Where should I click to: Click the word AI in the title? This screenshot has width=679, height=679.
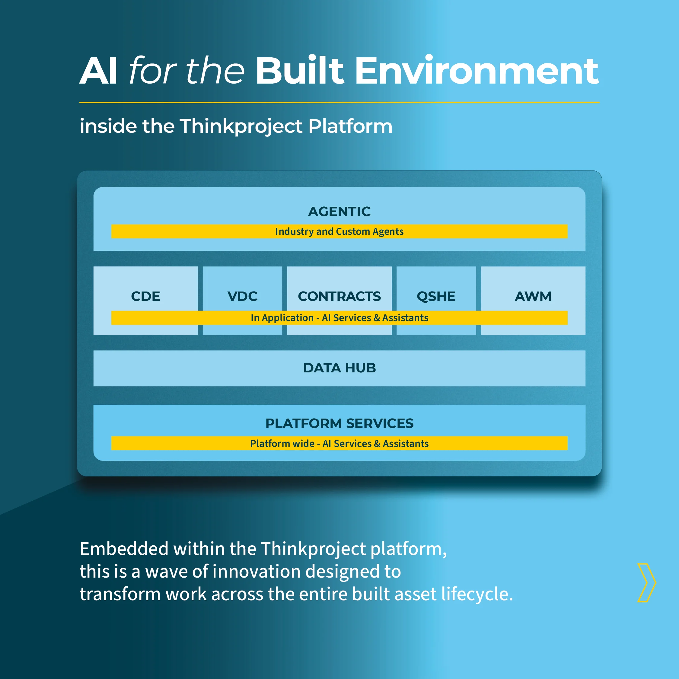pyautogui.click(x=98, y=71)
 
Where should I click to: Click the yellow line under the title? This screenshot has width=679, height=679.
pyautogui.click(x=339, y=102)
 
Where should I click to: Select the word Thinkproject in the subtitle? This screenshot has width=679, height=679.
pyautogui.click(x=241, y=126)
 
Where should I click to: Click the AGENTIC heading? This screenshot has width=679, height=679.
pyautogui.click(x=339, y=212)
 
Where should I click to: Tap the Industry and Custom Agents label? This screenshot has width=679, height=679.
pyautogui.click(x=339, y=231)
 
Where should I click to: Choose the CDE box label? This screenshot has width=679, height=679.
pyautogui.click(x=145, y=296)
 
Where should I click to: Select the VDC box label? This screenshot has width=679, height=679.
pyautogui.click(x=243, y=296)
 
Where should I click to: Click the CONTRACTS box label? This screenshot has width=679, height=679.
pyautogui.click(x=339, y=296)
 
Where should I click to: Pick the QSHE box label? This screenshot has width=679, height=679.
pyautogui.click(x=436, y=296)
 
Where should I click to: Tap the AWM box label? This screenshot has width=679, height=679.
pyautogui.click(x=533, y=296)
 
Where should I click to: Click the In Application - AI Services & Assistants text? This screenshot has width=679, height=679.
pyautogui.click(x=339, y=318)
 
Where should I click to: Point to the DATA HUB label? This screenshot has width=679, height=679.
pyautogui.click(x=339, y=368)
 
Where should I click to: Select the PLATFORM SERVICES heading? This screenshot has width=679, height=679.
pyautogui.click(x=339, y=423)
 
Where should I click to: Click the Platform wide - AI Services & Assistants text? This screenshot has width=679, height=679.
pyautogui.click(x=339, y=444)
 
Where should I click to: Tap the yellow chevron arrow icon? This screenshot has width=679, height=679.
pyautogui.click(x=647, y=583)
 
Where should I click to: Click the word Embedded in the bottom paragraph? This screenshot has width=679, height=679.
pyautogui.click(x=124, y=549)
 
